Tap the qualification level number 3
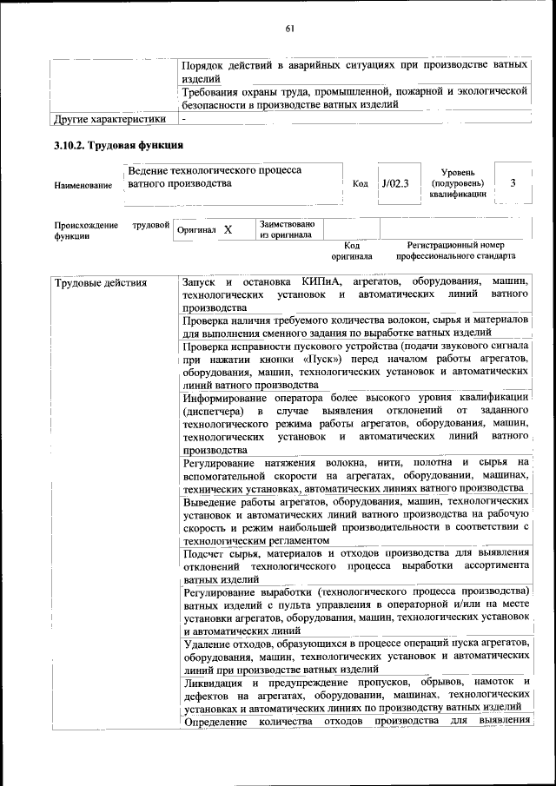[x=513, y=182]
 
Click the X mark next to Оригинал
[x=228, y=230]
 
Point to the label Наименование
[x=83, y=185]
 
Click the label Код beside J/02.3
[x=361, y=183]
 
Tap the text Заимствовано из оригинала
[x=287, y=229]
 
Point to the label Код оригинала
[x=351, y=251]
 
